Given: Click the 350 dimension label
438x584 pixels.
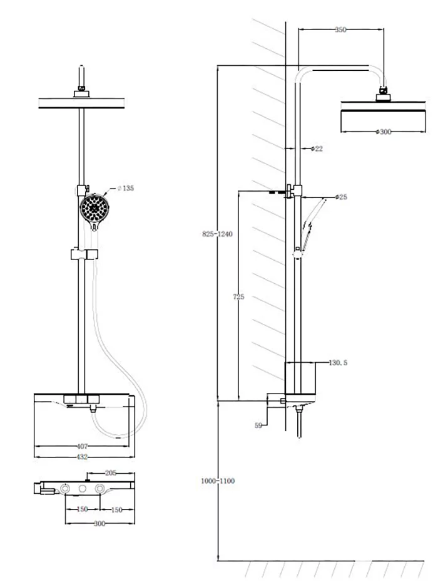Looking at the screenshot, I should point(340,29).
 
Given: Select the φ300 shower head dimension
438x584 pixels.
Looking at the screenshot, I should point(382,132).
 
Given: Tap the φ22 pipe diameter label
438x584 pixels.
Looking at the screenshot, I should point(317,149).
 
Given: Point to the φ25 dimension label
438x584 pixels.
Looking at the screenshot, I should point(341,197).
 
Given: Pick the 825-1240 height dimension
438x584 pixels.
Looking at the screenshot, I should point(217,234).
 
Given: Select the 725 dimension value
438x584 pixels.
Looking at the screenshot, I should point(238,296).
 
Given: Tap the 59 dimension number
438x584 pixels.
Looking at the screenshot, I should point(258,425).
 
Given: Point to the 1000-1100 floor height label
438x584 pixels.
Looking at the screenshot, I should point(218,481).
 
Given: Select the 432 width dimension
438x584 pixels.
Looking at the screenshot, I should point(82,457).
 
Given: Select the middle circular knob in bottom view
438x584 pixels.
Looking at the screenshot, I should point(82,489).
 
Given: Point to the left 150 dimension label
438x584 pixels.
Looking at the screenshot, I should point(81,510).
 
